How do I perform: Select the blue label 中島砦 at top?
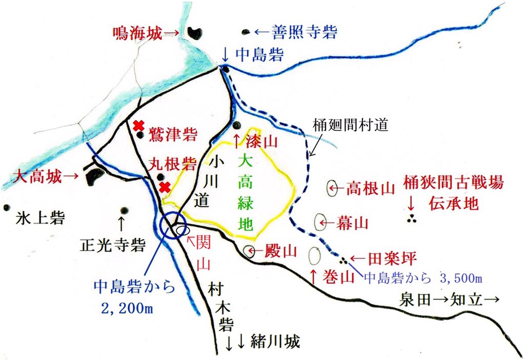click(x=258, y=54)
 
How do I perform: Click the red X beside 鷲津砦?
click(x=137, y=125)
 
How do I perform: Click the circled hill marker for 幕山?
click(x=321, y=222)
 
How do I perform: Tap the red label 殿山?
click(x=280, y=251)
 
